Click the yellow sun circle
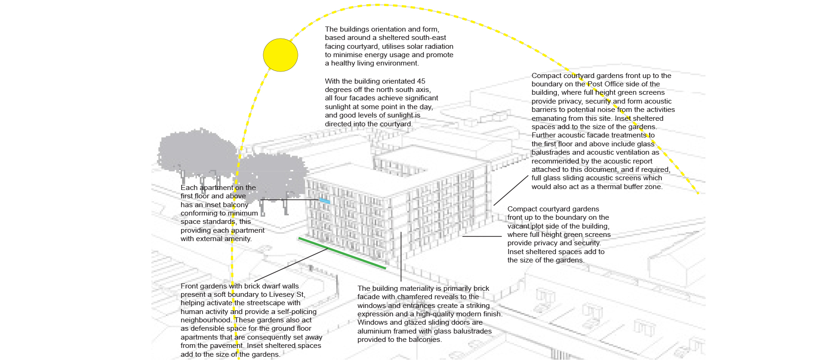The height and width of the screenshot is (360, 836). tap(281, 55)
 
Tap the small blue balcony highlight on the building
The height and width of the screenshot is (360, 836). tap(325, 201)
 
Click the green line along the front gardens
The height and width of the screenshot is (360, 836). tap(342, 253)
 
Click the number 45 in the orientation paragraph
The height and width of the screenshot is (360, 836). tap(421, 81)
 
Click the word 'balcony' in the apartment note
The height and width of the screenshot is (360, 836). tap(235, 205)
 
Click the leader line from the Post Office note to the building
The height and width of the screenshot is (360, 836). tap(511, 190)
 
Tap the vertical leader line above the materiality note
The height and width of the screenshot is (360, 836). tap(401, 257)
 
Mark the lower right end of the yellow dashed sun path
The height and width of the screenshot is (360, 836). tap(698, 193)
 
